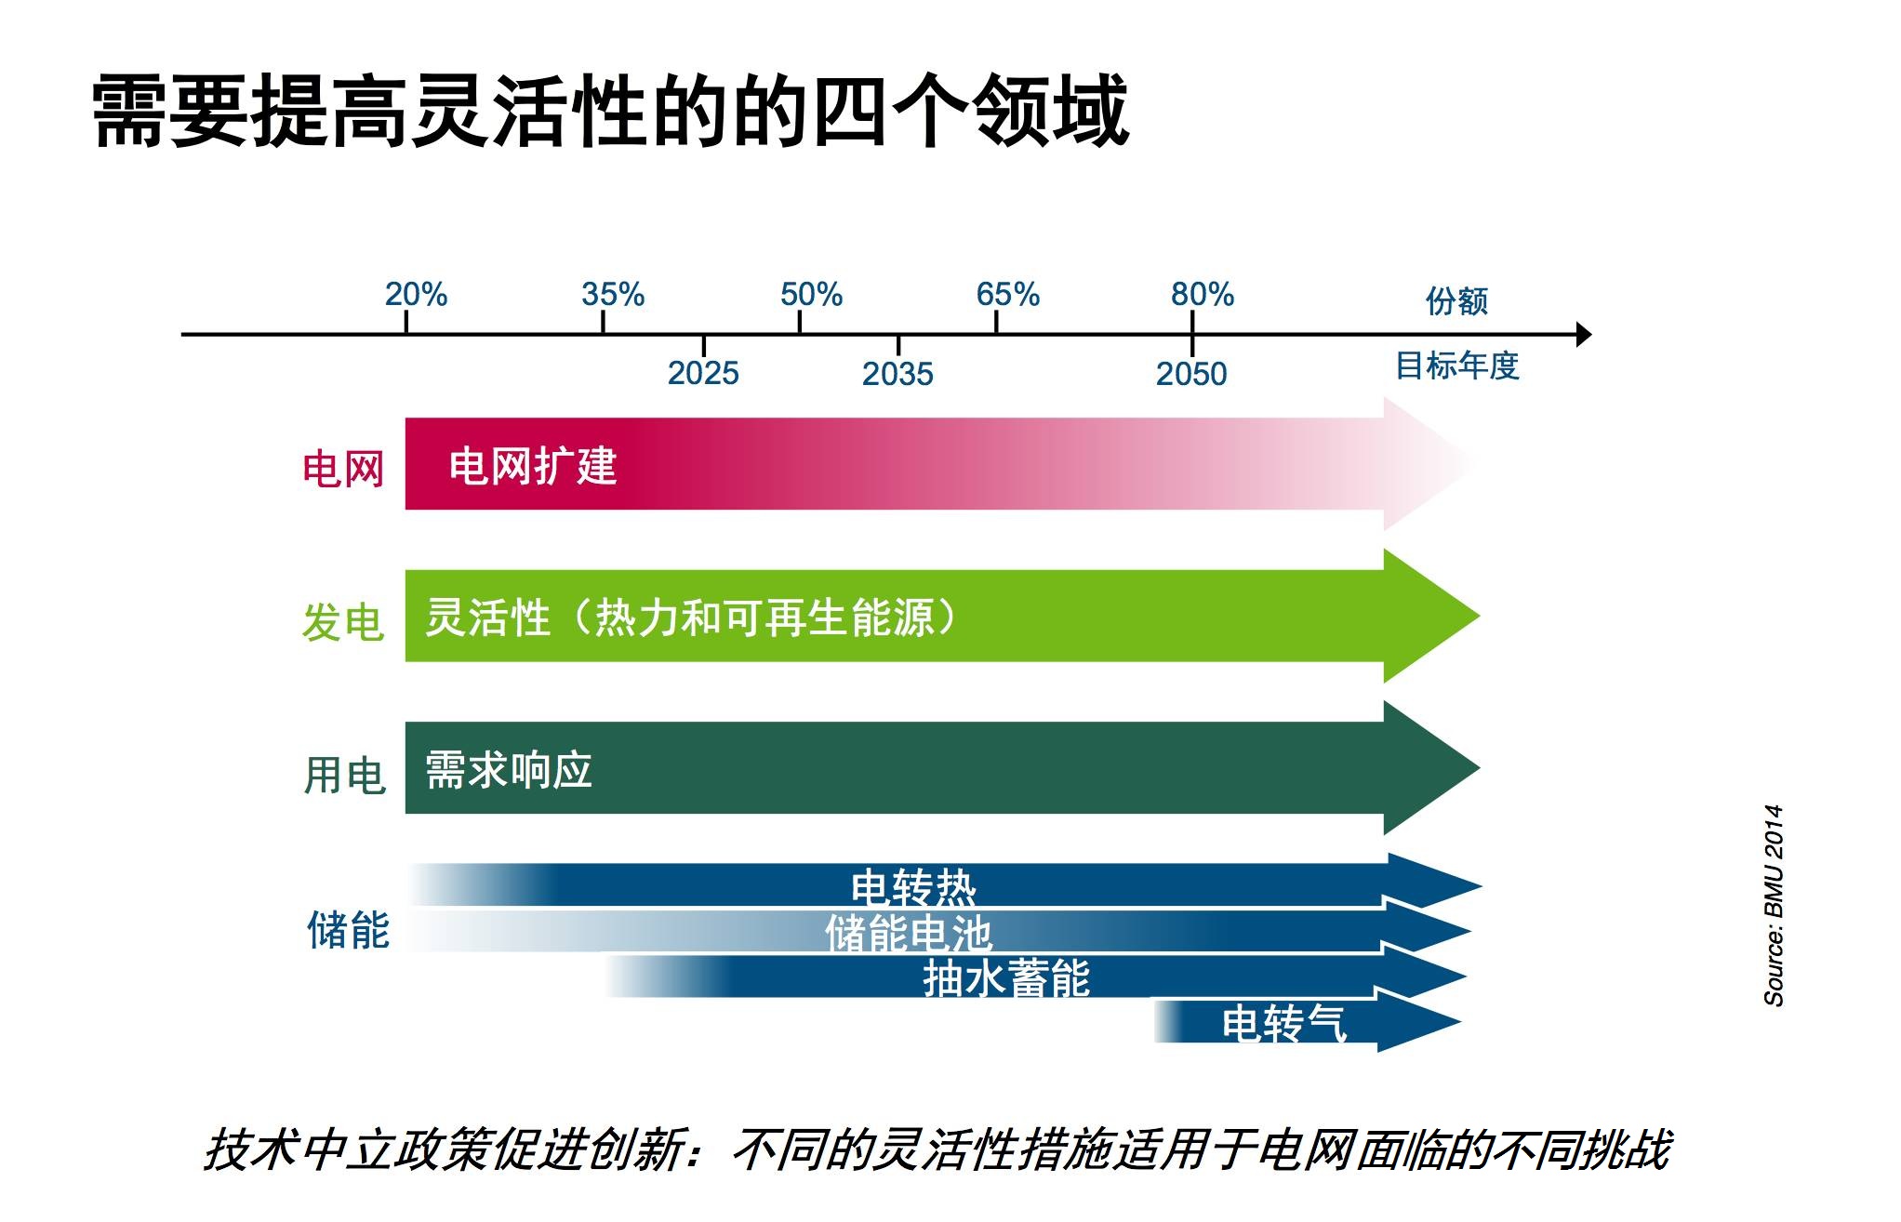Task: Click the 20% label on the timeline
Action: click(x=416, y=295)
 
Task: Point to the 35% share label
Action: click(x=613, y=295)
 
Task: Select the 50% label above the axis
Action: click(x=811, y=295)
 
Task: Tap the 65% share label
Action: click(x=1007, y=295)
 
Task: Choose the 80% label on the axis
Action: click(x=1203, y=295)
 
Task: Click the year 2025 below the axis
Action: click(x=703, y=373)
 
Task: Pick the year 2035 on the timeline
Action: click(x=897, y=374)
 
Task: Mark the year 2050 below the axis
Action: click(x=1191, y=374)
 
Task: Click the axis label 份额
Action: click(x=1457, y=301)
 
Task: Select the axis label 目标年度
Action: click(x=1457, y=365)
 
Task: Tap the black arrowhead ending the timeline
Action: click(x=1584, y=334)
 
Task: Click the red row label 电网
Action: click(x=343, y=468)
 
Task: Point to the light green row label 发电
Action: click(x=343, y=621)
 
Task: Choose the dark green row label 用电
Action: click(x=344, y=775)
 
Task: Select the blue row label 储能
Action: click(x=348, y=930)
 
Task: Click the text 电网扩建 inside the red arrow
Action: click(x=533, y=466)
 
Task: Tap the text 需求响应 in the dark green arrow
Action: click(x=509, y=770)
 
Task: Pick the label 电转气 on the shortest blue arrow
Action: click(x=1283, y=1023)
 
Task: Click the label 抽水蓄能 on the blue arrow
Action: click(x=1006, y=978)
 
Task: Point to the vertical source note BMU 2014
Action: click(x=1774, y=905)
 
